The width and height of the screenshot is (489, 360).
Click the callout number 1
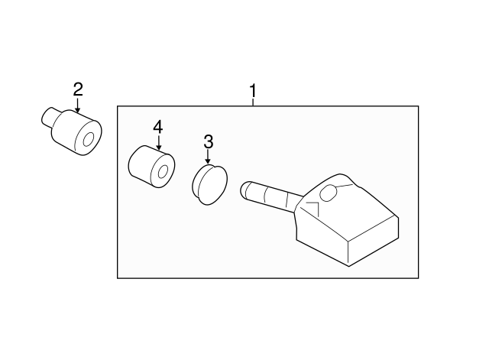pos(252,92)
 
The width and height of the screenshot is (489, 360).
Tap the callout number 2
pos(77,90)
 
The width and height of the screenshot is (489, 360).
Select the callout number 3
pos(208,141)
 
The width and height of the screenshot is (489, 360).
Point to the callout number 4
pos(158,126)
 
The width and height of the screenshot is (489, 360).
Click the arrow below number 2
pos(77,107)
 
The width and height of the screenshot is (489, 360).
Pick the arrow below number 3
pos(208,157)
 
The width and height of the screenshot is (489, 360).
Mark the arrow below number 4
pos(158,143)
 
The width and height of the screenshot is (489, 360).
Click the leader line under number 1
pos(252,104)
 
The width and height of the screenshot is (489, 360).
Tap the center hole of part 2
pos(88,139)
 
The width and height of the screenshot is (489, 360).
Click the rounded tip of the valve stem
pos(246,188)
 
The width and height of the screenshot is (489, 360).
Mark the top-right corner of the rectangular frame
pos(418,105)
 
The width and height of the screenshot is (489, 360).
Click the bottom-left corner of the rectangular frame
pos(118,278)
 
